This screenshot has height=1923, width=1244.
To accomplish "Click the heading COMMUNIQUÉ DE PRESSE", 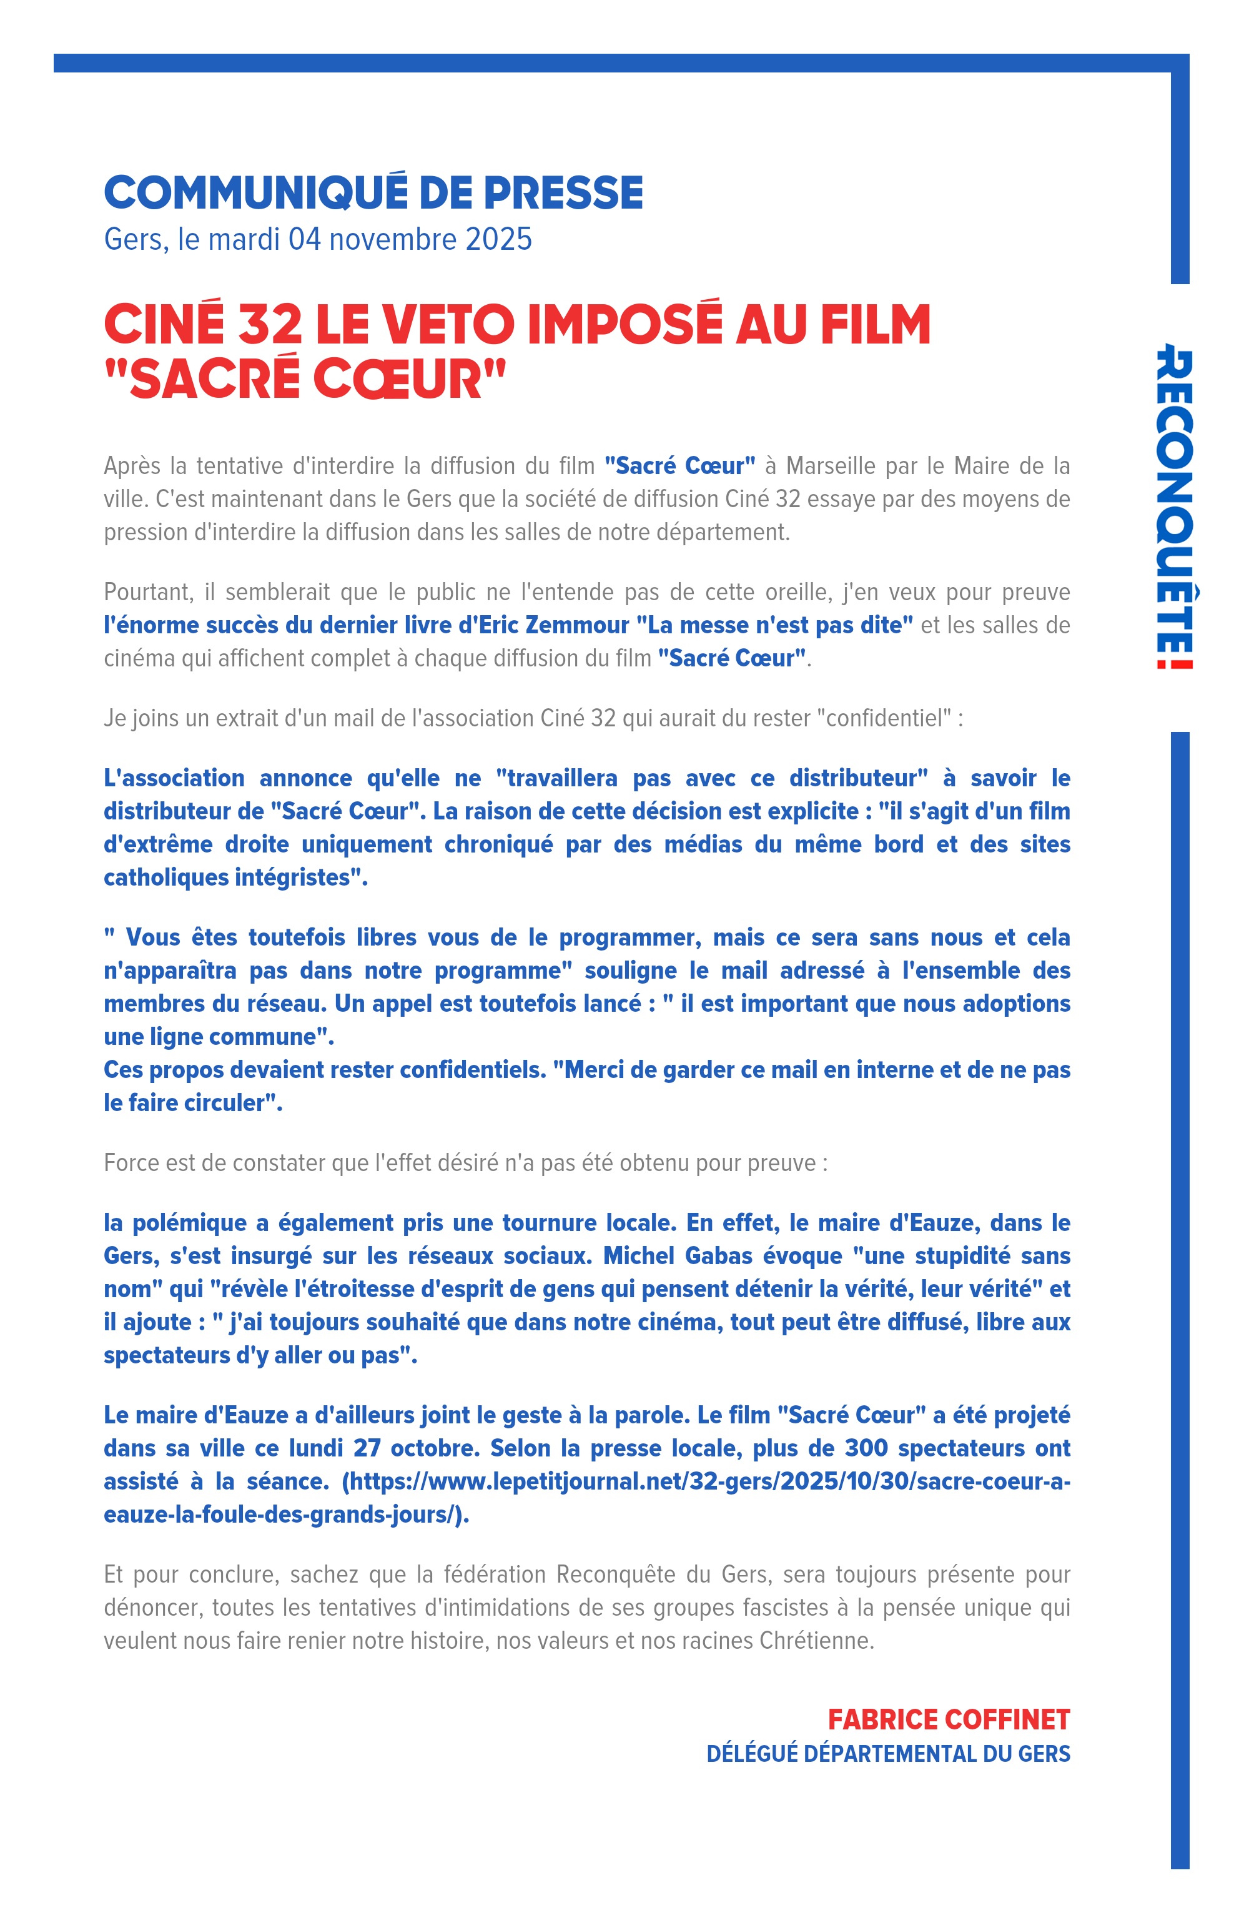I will coord(373,193).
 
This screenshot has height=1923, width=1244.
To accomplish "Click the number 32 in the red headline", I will coord(270,325).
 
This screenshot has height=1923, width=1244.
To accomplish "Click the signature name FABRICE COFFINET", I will coord(949,1719).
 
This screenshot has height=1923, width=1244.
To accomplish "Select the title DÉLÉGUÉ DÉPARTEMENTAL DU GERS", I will coord(888,1753).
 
